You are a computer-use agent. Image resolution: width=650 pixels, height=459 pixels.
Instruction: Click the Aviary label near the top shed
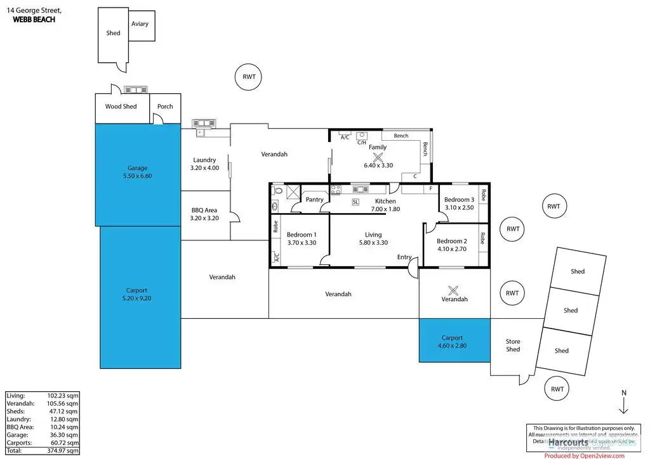coord(140,24)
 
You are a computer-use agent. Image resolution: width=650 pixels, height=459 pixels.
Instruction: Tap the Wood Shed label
coord(121,107)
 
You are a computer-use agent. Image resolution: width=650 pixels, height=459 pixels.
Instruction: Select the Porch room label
coord(165,107)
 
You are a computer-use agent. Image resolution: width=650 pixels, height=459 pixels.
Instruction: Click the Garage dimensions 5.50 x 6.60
coord(137,176)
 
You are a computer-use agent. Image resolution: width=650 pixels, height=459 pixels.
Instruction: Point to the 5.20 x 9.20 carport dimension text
coord(138,298)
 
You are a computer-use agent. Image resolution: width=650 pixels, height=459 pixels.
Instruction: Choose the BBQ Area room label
coord(204,210)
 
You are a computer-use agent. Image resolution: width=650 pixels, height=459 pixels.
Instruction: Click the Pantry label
coord(314,200)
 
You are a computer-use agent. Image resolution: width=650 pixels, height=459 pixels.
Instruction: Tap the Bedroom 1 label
coord(302,234)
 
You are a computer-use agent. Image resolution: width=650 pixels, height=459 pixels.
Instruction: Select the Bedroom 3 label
coord(459,200)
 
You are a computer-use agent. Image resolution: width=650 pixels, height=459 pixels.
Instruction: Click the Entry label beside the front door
coord(404,257)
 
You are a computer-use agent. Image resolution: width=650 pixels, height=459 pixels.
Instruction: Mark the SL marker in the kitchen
coord(355,202)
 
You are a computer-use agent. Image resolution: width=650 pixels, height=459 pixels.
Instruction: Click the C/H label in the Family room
coord(361,143)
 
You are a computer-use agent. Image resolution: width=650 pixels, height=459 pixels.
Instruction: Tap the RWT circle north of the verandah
coord(249,77)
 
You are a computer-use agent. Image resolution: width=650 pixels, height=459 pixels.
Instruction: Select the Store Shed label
coord(513,346)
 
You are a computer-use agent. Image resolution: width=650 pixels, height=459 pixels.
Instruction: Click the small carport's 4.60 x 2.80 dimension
coord(452,346)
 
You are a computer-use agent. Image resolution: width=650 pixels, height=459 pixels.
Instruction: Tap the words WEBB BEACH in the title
coord(34,20)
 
